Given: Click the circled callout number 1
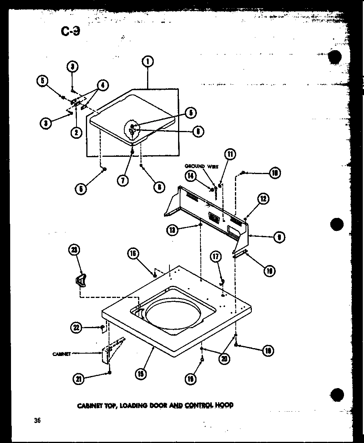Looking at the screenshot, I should (x=147, y=61).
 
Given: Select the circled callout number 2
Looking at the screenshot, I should (x=76, y=133).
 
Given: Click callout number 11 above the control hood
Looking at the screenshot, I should (x=230, y=154).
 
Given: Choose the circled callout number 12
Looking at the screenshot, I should (x=263, y=198).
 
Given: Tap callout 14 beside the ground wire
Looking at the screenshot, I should (x=191, y=176).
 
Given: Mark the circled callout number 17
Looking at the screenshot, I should (x=215, y=257).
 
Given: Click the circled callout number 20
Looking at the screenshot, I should (x=224, y=358).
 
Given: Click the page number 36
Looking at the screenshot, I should (x=37, y=421).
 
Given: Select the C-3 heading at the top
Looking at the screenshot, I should (x=71, y=31).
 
